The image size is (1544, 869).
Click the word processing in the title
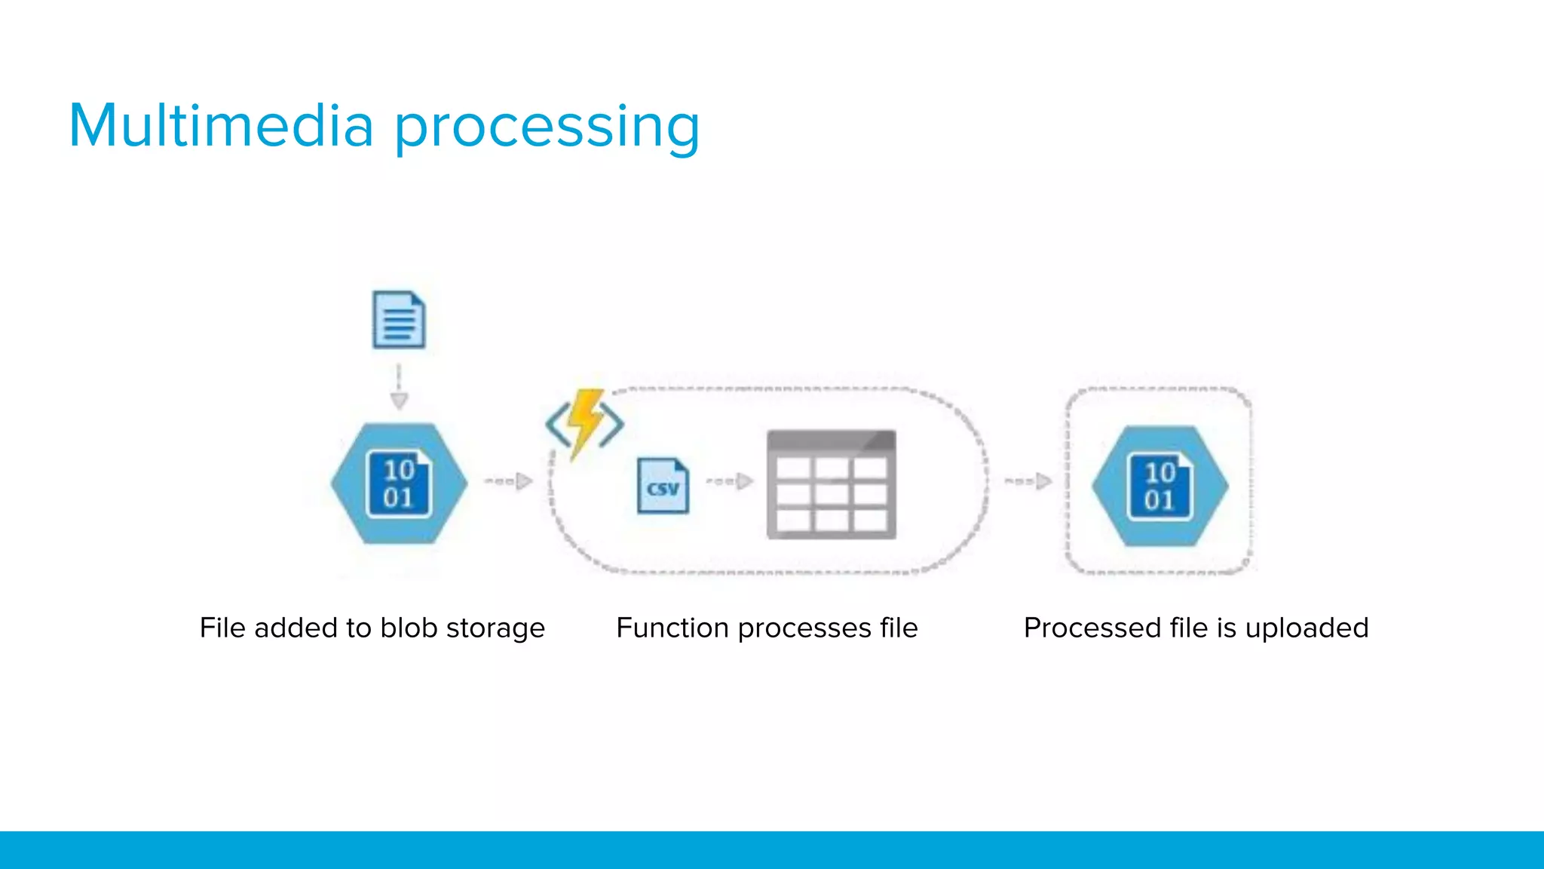(547, 128)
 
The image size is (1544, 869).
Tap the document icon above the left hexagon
(399, 320)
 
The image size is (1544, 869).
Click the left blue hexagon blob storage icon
(399, 484)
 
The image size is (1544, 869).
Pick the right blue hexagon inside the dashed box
(1160, 486)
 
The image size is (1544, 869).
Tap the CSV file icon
(663, 487)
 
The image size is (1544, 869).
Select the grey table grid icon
(831, 485)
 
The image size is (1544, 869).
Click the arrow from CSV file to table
(730, 481)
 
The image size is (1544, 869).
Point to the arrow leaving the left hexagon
(509, 481)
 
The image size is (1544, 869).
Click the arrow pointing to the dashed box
(1028, 481)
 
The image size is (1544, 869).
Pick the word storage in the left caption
(495, 629)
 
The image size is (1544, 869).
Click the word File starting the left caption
(222, 628)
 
